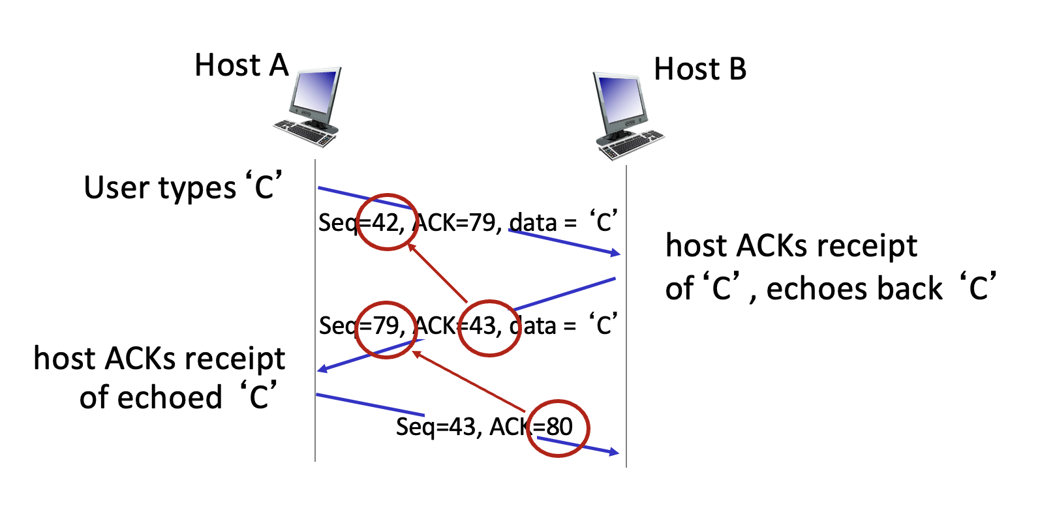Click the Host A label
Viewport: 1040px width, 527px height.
241,66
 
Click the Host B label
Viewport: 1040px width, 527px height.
700,69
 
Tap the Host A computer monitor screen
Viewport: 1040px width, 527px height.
315,92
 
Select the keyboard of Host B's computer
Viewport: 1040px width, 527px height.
630,145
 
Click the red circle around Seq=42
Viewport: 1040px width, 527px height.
387,222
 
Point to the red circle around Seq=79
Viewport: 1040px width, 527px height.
387,329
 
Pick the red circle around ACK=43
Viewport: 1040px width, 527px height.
488,328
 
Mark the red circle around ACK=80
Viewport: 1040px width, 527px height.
558,428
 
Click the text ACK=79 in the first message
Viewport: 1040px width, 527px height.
457,223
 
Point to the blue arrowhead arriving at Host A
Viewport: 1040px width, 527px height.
322,369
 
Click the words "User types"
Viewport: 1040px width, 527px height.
160,188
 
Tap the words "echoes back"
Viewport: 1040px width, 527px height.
854,288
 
